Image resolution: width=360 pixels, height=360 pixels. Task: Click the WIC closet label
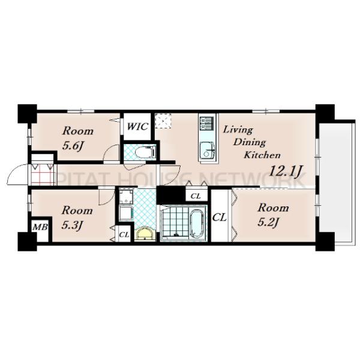(x=137, y=127)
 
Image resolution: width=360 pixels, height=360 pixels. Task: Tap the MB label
(x=40, y=227)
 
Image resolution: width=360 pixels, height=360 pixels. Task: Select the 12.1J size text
(x=286, y=171)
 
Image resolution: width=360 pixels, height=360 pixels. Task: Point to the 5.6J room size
(x=73, y=146)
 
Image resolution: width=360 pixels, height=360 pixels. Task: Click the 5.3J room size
(x=72, y=225)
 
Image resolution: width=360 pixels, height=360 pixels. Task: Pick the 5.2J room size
(x=268, y=222)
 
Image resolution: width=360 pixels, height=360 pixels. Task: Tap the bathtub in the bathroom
(x=196, y=224)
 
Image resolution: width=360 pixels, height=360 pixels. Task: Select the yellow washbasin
(x=145, y=234)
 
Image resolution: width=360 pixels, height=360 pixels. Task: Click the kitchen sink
(x=208, y=151)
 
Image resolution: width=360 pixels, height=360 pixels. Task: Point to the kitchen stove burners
(x=206, y=124)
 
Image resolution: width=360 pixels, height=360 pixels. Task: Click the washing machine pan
(x=126, y=197)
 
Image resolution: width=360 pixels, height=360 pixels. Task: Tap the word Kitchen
(x=262, y=155)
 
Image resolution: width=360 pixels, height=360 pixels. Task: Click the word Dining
(x=250, y=143)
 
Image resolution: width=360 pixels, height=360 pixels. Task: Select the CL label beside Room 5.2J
(x=219, y=217)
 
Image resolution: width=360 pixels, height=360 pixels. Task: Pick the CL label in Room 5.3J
(x=124, y=235)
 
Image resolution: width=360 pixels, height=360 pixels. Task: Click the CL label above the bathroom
(x=196, y=196)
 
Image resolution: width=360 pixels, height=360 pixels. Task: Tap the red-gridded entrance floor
(x=42, y=175)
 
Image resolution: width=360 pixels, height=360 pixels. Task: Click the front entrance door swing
(x=17, y=174)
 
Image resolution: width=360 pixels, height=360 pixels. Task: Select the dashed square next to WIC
(x=163, y=121)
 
